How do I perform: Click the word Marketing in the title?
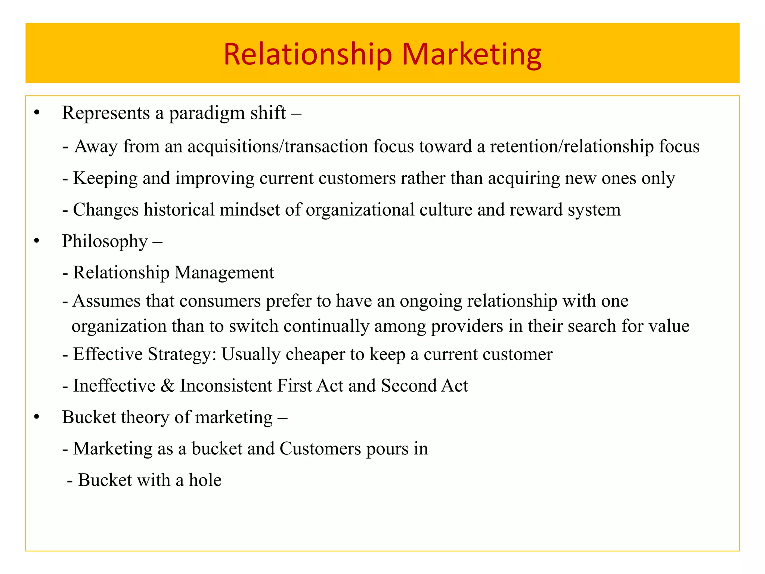[471, 55]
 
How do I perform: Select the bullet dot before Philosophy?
[36, 241]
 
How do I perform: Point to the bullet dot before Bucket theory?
[36, 417]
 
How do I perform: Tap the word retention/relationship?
[572, 146]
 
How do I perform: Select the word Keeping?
[105, 178]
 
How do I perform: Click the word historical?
[179, 210]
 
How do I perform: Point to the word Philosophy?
[105, 242]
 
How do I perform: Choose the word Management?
[224, 273]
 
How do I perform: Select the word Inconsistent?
[226, 386]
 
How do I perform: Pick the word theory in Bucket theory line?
[146, 417]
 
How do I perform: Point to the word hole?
[205, 480]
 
